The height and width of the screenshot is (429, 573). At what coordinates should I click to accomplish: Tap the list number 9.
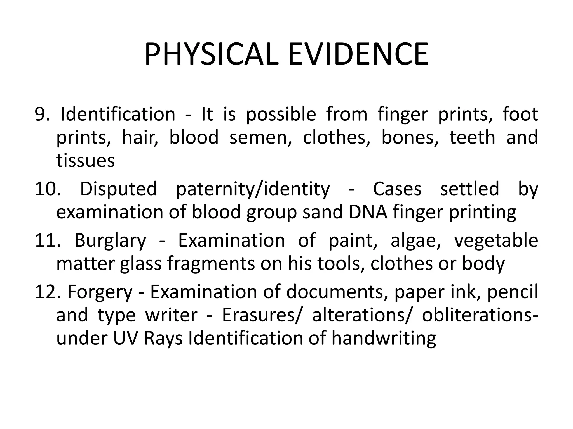[x=42, y=114]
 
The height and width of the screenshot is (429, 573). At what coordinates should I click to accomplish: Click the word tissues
[x=85, y=161]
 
